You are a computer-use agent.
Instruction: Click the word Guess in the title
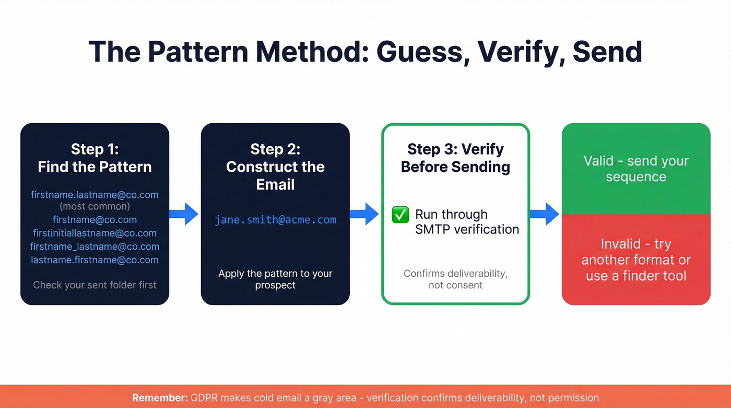tap(418, 52)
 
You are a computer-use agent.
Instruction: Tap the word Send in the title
tap(607, 52)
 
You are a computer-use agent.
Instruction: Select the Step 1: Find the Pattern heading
tap(95, 158)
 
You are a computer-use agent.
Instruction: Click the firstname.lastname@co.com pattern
tap(95, 195)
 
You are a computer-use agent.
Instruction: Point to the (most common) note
tap(95, 207)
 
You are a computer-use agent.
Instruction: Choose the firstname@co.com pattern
tap(95, 220)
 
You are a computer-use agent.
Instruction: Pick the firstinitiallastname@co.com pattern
tap(95, 233)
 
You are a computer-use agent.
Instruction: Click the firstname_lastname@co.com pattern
tap(95, 247)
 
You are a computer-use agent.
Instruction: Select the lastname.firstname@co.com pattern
tap(95, 260)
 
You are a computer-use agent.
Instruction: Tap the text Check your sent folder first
tap(95, 285)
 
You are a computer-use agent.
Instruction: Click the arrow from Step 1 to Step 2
tap(184, 214)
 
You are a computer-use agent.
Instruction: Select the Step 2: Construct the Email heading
tap(275, 167)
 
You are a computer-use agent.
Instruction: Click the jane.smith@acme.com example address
tap(275, 220)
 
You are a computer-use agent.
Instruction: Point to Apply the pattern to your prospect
tap(275, 279)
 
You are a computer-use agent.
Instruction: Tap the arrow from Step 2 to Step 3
tap(364, 214)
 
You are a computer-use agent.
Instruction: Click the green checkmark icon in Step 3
tap(400, 215)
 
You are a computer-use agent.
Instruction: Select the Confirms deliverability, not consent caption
tap(455, 279)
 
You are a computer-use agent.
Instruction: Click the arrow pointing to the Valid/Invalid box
tap(545, 214)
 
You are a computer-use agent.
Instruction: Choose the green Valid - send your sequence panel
tap(636, 169)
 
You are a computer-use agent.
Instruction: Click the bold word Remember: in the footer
tap(159, 398)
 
